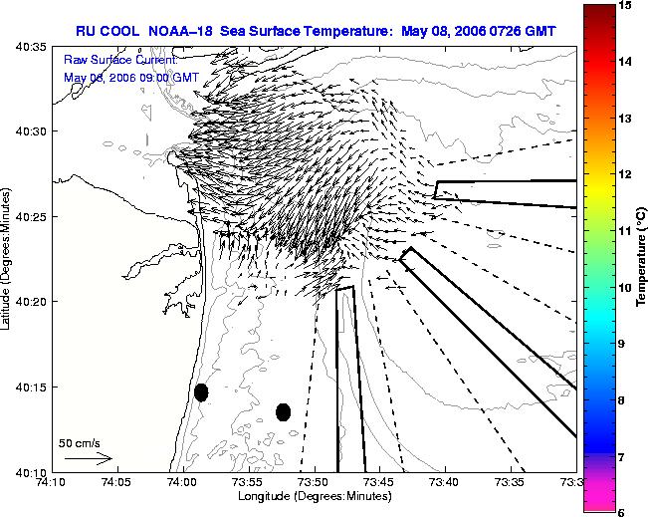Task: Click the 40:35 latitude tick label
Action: [31, 47]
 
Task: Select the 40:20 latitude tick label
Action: [31, 302]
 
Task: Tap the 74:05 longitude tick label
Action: [117, 482]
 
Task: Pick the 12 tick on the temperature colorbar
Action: [624, 174]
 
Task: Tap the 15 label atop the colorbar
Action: [624, 5]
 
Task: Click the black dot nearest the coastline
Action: [201, 392]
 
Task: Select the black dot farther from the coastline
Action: [283, 412]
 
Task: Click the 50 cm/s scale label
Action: [80, 443]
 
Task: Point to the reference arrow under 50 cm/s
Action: [89, 458]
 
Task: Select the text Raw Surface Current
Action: [120, 60]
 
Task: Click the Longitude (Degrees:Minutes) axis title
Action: [315, 496]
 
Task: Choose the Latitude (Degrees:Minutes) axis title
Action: [5, 259]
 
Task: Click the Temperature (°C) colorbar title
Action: [641, 257]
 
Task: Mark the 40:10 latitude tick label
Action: [31, 472]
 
